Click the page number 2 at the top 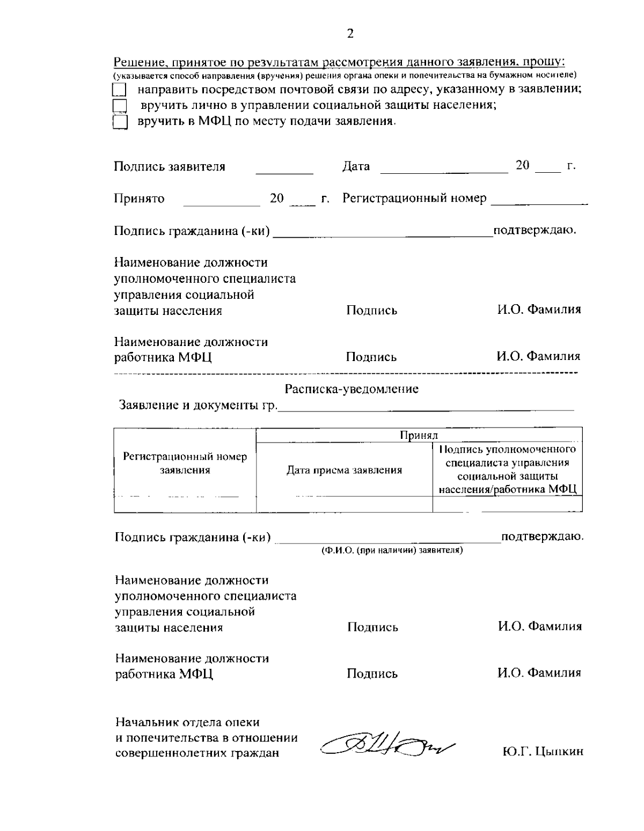(350, 34)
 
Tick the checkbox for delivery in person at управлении (120, 106)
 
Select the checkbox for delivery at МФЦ (120, 122)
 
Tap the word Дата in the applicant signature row (356, 166)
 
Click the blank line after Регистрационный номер (539, 204)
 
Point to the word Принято (139, 199)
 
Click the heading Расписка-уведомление (352, 389)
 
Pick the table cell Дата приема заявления (344, 470)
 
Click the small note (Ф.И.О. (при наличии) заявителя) (392, 550)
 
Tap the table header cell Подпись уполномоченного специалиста (507, 469)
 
